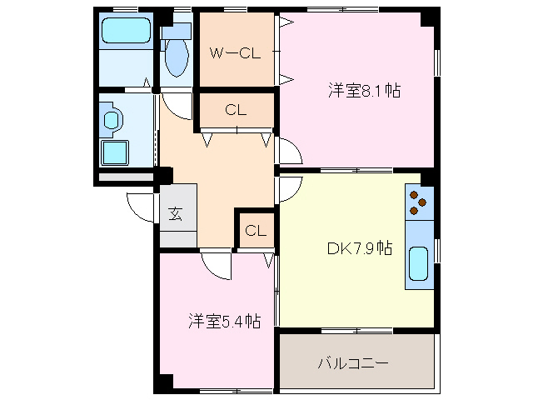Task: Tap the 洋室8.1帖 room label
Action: pyautogui.click(x=363, y=90)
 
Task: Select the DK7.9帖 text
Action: pyautogui.click(x=359, y=247)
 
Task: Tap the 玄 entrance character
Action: pyautogui.click(x=176, y=213)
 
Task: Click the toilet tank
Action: pyautogui.click(x=177, y=31)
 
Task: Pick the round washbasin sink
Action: pyautogui.click(x=112, y=119)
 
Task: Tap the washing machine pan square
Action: pyautogui.click(x=114, y=152)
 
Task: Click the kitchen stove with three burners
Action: pyautogui.click(x=419, y=202)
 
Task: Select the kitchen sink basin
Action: pyautogui.click(x=419, y=265)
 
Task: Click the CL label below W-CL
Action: pyautogui.click(x=235, y=110)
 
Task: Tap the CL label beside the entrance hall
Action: pyautogui.click(x=256, y=231)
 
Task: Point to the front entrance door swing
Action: pyautogui.click(x=142, y=207)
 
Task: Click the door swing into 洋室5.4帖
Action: pyautogui.click(x=214, y=266)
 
